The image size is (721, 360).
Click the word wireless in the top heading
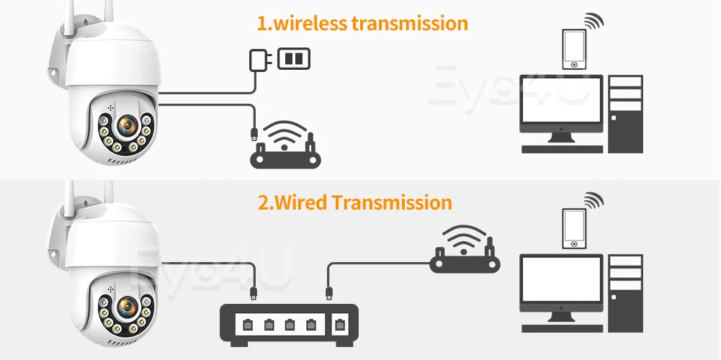(309, 23)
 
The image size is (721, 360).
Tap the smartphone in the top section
(573, 48)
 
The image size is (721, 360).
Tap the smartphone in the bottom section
(573, 228)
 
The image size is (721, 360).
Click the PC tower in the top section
(624, 113)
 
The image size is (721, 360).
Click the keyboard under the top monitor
(561, 149)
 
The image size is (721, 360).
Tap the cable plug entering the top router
(254, 133)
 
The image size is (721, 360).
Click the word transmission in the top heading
(410, 23)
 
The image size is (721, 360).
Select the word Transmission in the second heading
(392, 202)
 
